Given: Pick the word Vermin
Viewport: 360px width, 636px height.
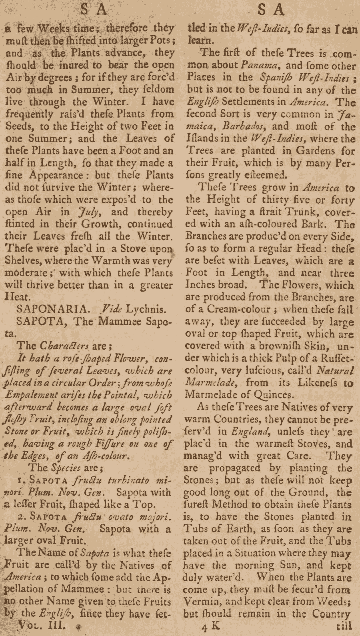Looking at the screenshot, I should coord(204,602).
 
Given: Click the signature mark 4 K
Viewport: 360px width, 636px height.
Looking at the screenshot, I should coord(211,626).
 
